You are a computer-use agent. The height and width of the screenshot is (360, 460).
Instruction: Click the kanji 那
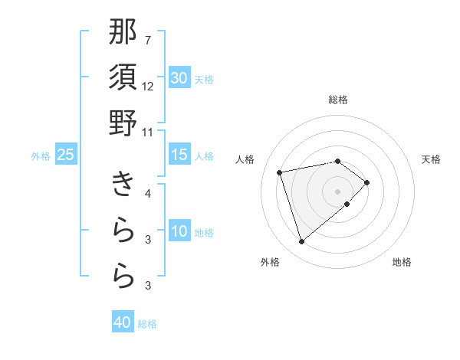point(123,33)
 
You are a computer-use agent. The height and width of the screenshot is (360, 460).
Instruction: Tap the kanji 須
point(123,78)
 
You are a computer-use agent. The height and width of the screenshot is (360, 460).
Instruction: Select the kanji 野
point(123,123)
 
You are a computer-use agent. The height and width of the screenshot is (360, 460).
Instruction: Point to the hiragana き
point(123,185)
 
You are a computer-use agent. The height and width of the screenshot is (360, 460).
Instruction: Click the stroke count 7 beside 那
point(147,40)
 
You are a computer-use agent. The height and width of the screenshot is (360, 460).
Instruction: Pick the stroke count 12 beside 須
point(148,86)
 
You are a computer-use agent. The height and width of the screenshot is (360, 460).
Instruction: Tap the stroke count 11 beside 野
point(148,132)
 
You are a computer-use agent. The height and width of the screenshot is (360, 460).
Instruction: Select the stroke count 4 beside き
point(147,194)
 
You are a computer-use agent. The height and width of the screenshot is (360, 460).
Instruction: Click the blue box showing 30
point(179,78)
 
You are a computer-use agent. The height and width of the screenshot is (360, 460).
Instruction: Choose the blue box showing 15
point(179,155)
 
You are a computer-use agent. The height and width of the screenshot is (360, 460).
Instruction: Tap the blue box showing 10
point(179,231)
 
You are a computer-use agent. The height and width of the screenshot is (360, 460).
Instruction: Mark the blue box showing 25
point(66,155)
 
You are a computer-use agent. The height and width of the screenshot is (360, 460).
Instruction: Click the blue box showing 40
point(123,322)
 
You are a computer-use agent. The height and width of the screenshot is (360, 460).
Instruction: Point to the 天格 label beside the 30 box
point(204,79)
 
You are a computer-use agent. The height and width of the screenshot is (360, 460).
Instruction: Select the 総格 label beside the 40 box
point(147,323)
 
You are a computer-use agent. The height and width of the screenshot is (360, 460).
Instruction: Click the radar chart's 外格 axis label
point(270,263)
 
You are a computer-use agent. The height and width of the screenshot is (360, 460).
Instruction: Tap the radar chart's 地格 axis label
point(402,263)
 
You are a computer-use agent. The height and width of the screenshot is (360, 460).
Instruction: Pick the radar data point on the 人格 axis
point(280,172)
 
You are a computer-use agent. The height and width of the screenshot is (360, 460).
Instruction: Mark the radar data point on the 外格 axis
point(301,242)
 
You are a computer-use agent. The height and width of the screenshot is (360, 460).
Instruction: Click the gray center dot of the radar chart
point(337,191)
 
